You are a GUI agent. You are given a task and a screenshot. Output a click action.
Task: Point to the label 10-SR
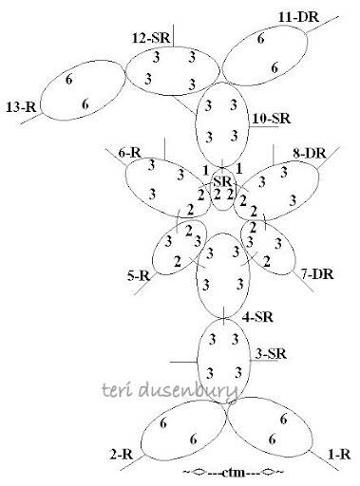(271, 121)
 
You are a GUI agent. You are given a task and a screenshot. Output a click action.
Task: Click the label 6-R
(130, 152)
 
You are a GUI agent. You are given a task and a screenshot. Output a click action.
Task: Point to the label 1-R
(338, 453)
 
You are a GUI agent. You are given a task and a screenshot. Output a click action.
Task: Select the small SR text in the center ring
(222, 180)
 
